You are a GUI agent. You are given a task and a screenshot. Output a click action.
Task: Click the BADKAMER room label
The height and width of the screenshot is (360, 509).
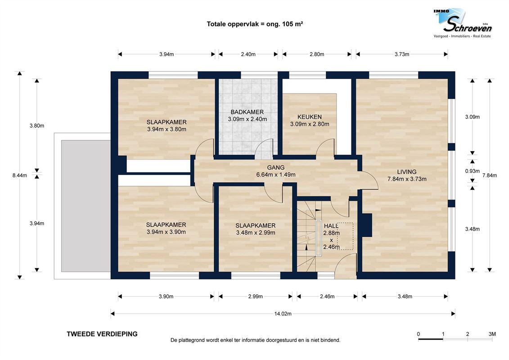(x=248, y=112)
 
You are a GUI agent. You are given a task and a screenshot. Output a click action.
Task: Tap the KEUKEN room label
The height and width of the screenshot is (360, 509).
(x=310, y=117)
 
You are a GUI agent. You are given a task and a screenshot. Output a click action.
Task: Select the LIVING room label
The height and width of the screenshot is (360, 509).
(x=407, y=172)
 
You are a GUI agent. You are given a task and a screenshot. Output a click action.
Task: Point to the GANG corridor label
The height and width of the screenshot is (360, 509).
(x=275, y=167)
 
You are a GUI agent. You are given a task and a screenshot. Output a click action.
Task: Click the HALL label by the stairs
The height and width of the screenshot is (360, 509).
(x=331, y=226)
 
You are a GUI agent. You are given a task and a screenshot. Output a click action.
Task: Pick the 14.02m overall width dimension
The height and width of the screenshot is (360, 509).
(x=283, y=314)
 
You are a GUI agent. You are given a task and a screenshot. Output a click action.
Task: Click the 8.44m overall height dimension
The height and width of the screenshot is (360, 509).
(x=19, y=175)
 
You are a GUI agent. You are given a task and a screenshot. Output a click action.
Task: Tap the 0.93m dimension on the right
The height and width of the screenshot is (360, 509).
(x=472, y=171)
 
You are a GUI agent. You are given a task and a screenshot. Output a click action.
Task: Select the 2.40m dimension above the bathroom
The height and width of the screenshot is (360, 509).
(x=248, y=54)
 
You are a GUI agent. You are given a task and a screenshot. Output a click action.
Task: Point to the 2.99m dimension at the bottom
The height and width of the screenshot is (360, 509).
(x=256, y=297)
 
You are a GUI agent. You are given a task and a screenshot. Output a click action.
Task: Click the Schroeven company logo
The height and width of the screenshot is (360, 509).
(x=463, y=23)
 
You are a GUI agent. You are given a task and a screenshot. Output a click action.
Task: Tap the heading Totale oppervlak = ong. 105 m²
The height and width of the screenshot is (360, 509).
(x=255, y=24)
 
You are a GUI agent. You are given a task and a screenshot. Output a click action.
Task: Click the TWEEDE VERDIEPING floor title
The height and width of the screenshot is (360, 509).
(x=102, y=334)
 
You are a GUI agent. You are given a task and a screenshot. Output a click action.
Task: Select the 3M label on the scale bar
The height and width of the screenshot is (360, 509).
(x=492, y=334)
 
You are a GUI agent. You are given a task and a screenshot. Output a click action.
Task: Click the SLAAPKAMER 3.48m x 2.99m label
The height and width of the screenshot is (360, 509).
(x=256, y=229)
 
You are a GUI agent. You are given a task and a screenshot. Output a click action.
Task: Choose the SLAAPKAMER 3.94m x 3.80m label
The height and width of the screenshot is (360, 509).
(x=167, y=126)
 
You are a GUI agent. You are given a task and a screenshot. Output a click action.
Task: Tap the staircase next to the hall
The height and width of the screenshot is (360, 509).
(x=306, y=236)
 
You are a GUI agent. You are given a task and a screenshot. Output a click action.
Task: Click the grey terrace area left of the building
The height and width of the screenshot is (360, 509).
(x=86, y=206)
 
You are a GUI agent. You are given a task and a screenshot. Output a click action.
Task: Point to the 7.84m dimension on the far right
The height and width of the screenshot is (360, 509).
(x=489, y=175)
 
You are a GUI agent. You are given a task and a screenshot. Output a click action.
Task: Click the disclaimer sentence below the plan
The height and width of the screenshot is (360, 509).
(x=256, y=340)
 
